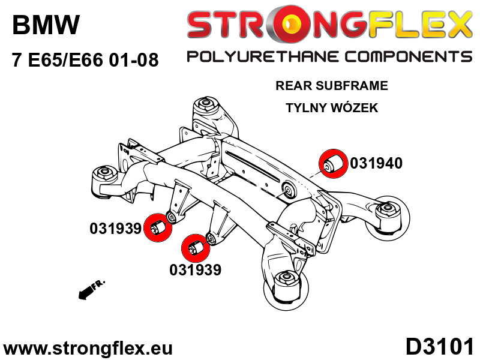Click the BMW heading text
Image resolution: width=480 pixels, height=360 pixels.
(x=46, y=25)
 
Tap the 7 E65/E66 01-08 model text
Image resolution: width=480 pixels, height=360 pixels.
(x=85, y=60)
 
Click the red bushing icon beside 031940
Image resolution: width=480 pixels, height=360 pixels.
(x=332, y=163)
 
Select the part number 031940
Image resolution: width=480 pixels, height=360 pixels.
(x=376, y=163)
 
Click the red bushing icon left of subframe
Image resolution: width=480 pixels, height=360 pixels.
(x=158, y=229)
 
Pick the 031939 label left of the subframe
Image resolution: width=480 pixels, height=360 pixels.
(x=115, y=229)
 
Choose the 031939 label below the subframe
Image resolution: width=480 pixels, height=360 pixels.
(x=195, y=270)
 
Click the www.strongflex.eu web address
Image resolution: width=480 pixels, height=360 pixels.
(x=88, y=348)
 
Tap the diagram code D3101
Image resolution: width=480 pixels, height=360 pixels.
(x=440, y=347)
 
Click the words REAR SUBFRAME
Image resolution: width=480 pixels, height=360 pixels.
(x=332, y=86)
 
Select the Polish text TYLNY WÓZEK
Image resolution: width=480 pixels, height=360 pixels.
(x=332, y=108)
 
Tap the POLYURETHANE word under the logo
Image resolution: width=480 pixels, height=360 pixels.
(x=263, y=57)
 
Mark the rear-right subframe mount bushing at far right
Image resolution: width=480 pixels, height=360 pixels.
(x=388, y=213)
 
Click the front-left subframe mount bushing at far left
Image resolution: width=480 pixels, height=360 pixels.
(x=103, y=175)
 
